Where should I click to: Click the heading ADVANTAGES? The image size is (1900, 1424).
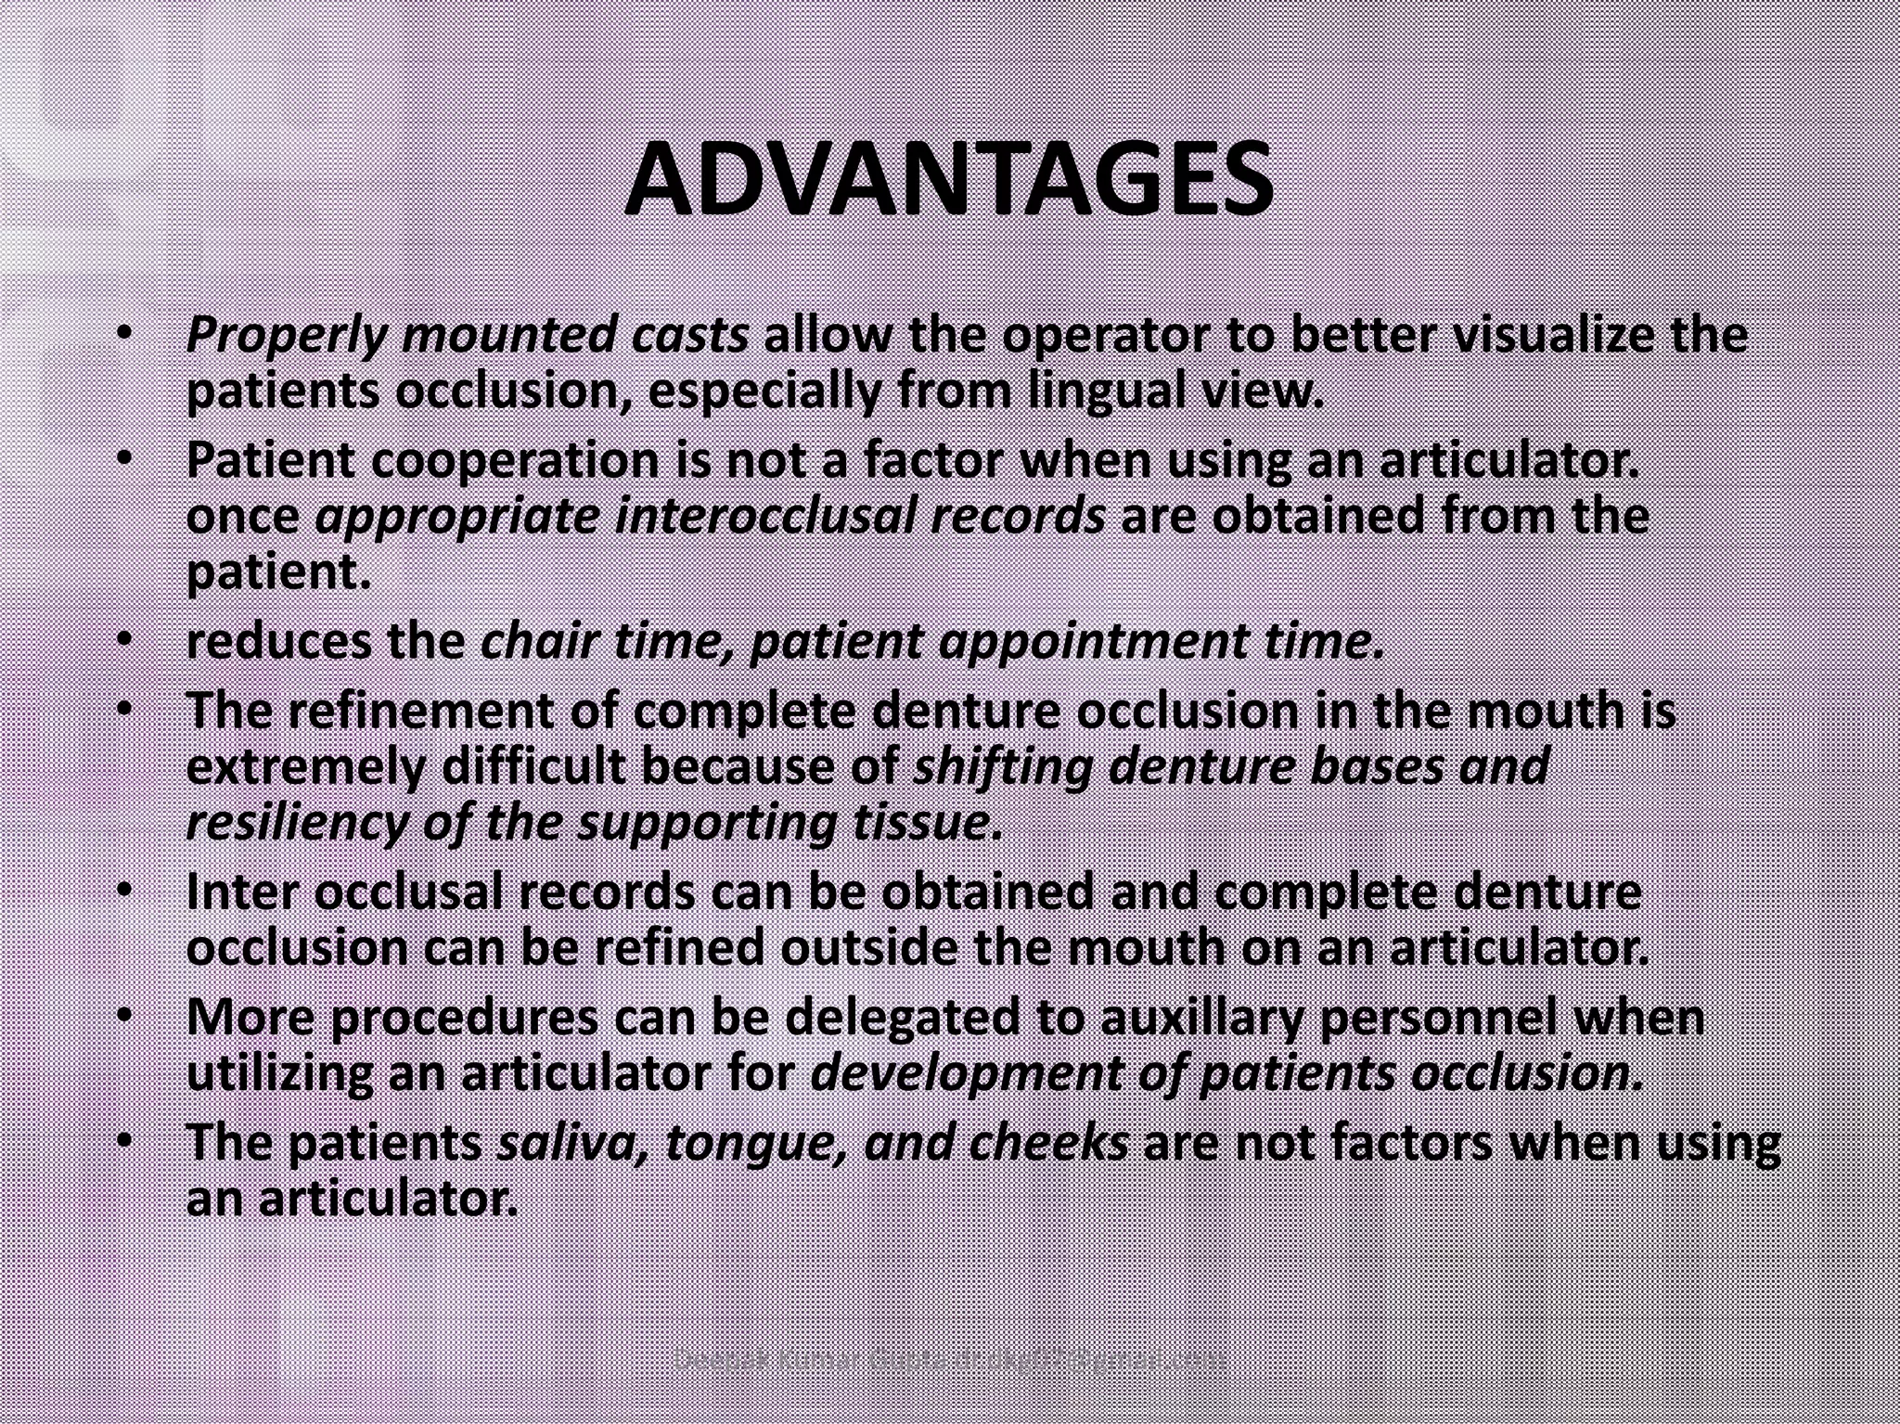pos(948,180)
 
